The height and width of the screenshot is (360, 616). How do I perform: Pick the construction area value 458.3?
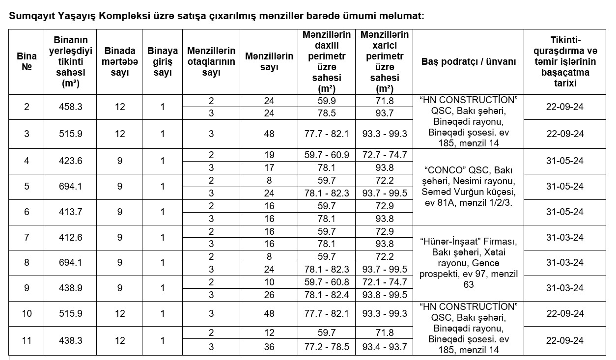70,107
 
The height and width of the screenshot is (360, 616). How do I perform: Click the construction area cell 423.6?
70,161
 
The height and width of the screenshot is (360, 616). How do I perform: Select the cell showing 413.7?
70,212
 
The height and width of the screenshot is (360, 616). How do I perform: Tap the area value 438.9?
70,288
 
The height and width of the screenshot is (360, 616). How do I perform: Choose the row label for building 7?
27,237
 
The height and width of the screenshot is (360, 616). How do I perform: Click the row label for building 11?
27,340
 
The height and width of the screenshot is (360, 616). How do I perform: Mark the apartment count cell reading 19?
269,155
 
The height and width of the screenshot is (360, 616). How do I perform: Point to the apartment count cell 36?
269,347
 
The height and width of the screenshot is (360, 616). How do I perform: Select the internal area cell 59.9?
326,101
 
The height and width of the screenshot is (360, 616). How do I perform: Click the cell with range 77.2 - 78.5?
326,347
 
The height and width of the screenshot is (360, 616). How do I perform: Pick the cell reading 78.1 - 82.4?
326,295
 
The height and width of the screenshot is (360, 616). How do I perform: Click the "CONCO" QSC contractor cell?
469,186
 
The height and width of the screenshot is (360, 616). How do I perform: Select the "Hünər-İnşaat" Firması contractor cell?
469,263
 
